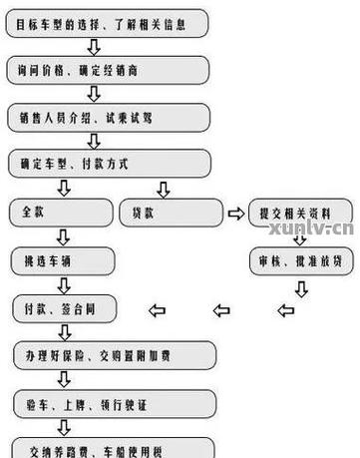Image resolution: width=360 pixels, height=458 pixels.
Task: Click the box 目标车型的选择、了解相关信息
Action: coord(109,21)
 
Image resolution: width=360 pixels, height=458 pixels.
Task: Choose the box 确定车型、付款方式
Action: coord(109,164)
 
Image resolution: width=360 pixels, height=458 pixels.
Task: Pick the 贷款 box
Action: coord(171,213)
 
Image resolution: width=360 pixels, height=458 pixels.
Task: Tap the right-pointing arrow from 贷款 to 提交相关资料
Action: coord(235,213)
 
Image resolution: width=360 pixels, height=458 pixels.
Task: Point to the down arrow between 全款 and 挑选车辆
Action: coord(62,237)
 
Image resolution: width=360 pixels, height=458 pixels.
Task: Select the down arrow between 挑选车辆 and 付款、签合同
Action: coord(62,284)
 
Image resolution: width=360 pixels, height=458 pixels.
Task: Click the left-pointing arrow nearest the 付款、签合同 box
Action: coord(157,309)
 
